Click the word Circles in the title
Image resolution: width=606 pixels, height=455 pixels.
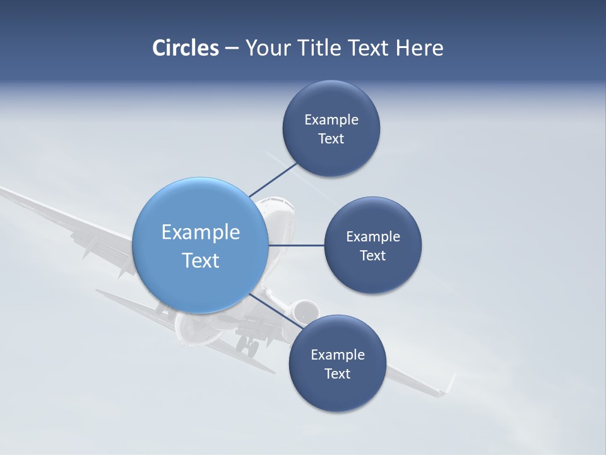pos(186,48)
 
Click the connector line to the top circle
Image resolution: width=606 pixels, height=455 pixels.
pos(273,179)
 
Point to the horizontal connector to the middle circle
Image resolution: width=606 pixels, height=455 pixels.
pos(296,245)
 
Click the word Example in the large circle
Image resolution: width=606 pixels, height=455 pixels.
pos(201,233)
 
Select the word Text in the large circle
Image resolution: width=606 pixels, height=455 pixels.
pos(201,260)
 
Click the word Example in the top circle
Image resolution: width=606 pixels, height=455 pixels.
pos(331,119)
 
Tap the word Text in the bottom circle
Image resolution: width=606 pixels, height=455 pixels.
pos(337,373)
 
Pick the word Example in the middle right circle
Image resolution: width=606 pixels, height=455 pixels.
pos(373,236)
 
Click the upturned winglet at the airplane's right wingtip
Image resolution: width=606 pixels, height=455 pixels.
pos(449,383)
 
